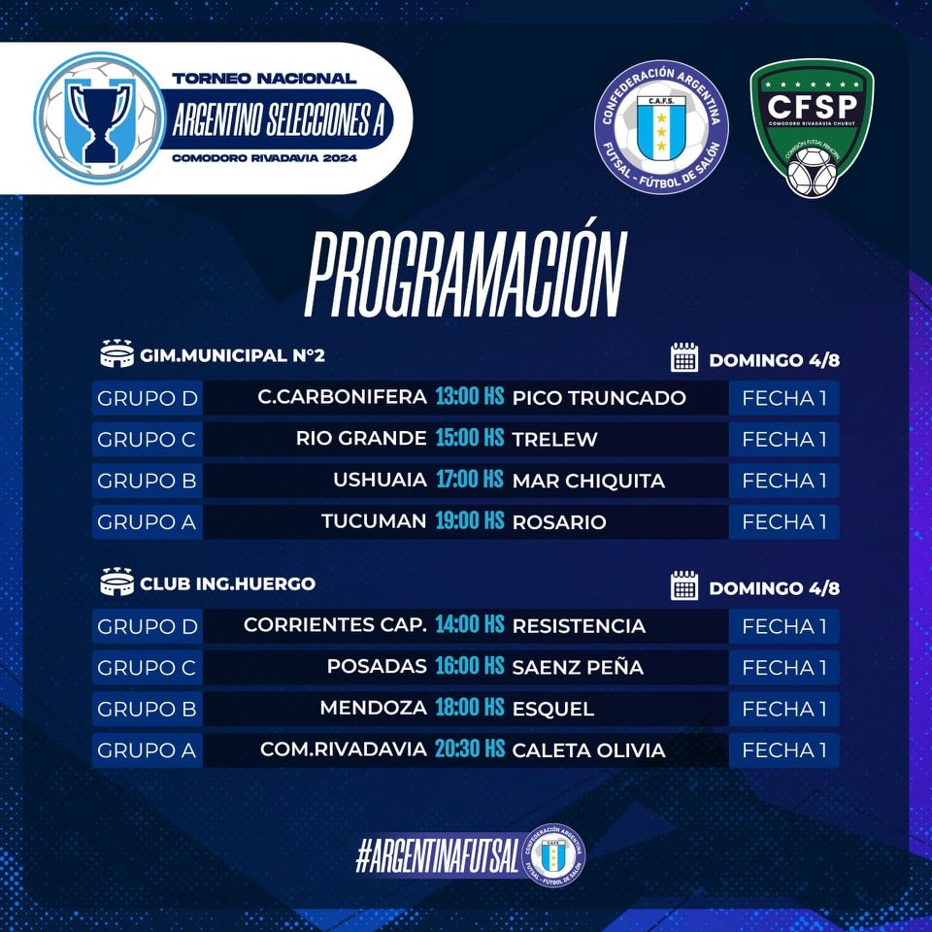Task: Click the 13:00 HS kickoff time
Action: [470, 396]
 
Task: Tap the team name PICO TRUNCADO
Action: [599, 398]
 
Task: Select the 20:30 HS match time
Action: [470, 749]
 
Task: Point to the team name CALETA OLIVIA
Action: [588, 750]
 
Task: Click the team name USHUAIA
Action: [380, 480]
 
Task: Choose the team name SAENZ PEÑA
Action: [578, 667]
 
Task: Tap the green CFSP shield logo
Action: [812, 128]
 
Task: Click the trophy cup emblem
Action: [99, 118]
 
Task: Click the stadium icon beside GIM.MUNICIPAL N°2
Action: [117, 353]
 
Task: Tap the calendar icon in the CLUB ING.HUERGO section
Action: [684, 585]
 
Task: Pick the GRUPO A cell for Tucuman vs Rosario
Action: [147, 522]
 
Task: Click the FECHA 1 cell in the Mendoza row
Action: [784, 709]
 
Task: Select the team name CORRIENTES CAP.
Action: [335, 625]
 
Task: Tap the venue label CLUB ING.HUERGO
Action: [227, 583]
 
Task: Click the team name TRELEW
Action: [554, 439]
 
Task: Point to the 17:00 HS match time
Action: [470, 479]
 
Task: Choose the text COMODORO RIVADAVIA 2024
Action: [264, 158]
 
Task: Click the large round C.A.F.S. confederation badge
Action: [661, 126]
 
